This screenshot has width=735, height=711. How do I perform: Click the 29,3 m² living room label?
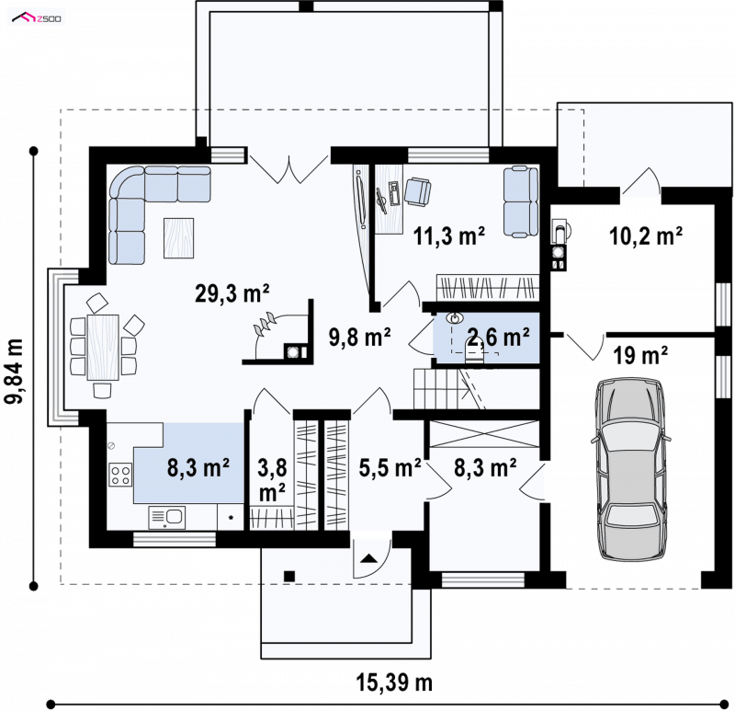click(232, 293)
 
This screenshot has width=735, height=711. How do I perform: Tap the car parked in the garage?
click(630, 469)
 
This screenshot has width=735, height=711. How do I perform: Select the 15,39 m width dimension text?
click(394, 682)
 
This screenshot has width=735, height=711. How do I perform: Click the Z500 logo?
click(37, 18)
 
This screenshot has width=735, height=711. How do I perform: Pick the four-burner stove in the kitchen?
click(120, 475)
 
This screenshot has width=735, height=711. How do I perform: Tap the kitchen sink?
click(167, 517)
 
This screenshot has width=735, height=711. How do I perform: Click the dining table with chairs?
click(103, 347)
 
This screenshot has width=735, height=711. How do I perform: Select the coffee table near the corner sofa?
click(178, 238)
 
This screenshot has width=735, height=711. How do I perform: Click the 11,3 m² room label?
click(448, 235)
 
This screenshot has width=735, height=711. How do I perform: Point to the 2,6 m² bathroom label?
click(498, 337)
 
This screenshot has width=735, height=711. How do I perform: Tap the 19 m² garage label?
click(640, 355)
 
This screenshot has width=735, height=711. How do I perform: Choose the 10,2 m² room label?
click(646, 235)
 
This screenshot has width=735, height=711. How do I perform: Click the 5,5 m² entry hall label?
click(390, 467)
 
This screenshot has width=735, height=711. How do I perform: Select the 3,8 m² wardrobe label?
click(272, 479)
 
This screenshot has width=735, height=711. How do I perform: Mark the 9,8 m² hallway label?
click(359, 337)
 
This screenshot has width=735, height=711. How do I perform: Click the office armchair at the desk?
click(417, 191)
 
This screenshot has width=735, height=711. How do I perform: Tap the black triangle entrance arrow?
click(369, 558)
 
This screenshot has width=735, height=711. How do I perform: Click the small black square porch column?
click(289, 576)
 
